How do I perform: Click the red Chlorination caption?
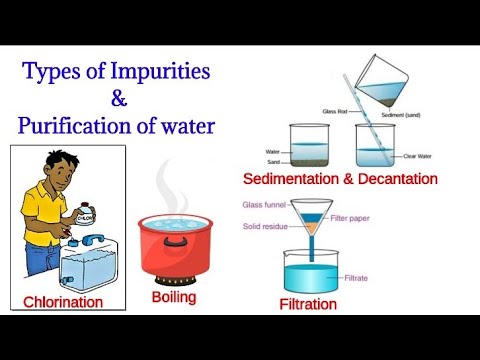(x=64, y=301)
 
